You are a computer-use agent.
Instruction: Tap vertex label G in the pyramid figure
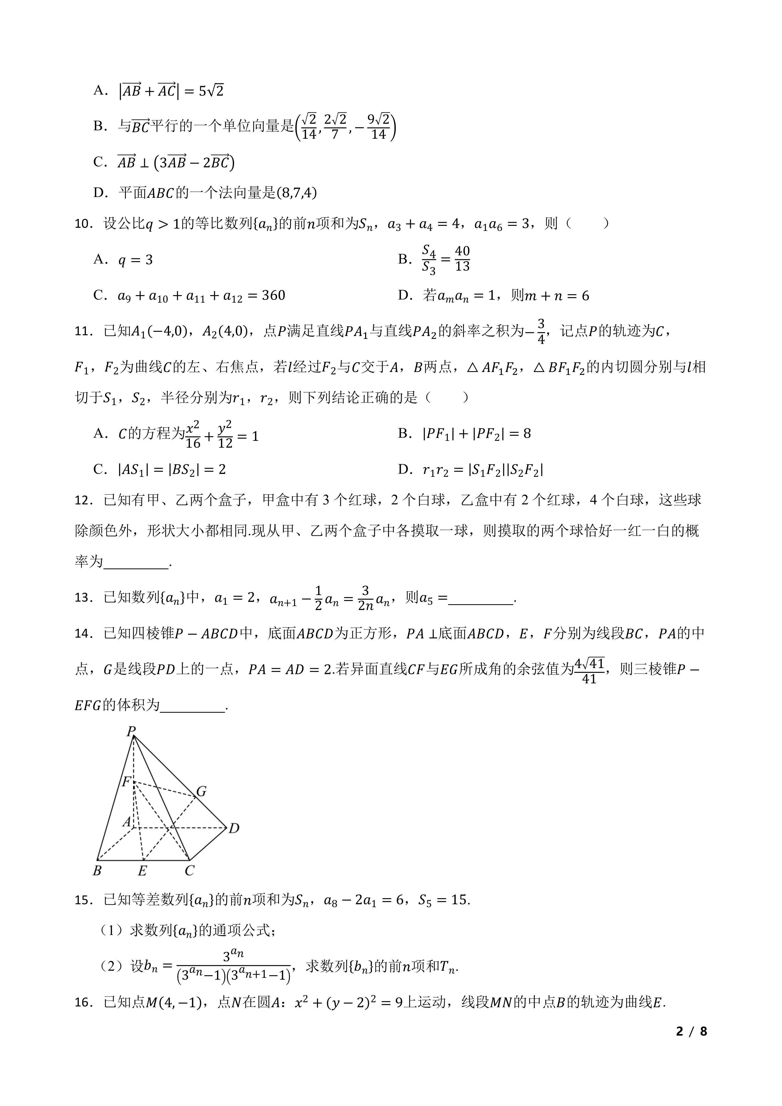[201, 792]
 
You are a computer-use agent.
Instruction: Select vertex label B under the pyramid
[97, 871]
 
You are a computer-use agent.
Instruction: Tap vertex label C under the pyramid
[189, 871]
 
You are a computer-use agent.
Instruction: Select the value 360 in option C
[273, 295]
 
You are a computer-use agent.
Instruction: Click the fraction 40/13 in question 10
[462, 259]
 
